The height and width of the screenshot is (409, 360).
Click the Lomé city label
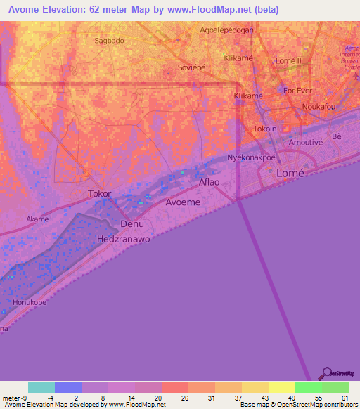pyautogui.click(x=293, y=173)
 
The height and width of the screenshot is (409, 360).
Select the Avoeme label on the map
pyautogui.click(x=183, y=202)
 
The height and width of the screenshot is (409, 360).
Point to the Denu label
pyautogui.click(x=132, y=224)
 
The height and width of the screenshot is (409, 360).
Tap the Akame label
pyautogui.click(x=37, y=219)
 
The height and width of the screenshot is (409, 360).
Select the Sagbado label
pyautogui.click(x=109, y=41)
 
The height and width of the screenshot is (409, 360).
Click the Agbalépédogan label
pyautogui.click(x=226, y=30)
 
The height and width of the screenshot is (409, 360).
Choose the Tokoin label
pyautogui.click(x=265, y=129)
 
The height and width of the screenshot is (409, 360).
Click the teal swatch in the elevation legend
pyautogui.click(x=41, y=387)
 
